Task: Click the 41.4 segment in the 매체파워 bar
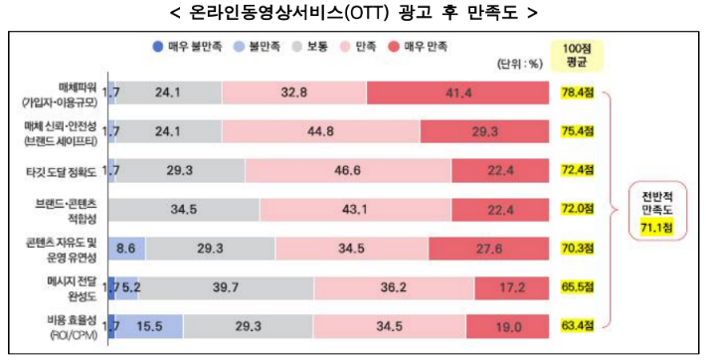coord(458,92)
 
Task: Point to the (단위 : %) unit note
coord(519,63)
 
